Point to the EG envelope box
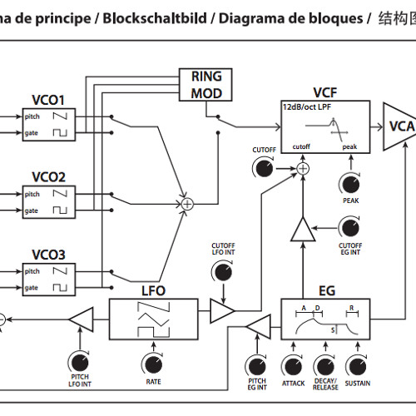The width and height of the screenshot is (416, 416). point(326,319)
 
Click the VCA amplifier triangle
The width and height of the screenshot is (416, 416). point(399,126)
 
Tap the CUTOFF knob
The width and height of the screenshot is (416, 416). point(264,169)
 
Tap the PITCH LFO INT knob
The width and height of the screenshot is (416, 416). point(80,362)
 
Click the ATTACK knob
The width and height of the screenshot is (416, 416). point(293,364)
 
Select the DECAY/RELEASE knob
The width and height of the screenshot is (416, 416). point(324,364)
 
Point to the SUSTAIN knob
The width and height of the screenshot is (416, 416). point(356,364)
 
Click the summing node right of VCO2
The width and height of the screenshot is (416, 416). point(187,202)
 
